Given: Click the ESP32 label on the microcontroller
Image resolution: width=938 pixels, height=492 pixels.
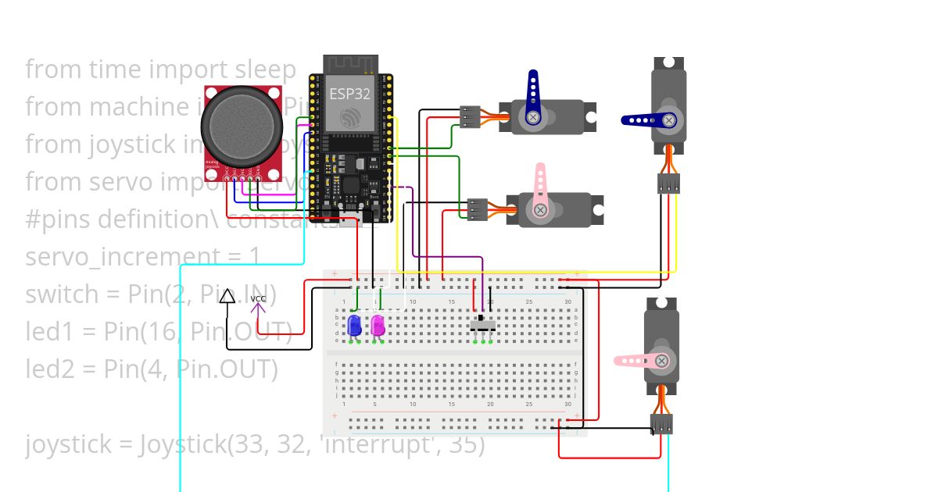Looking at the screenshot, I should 349,94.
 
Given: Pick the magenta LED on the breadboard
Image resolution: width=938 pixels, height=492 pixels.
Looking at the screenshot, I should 378,325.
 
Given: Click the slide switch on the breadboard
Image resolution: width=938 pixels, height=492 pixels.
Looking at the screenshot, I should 482,323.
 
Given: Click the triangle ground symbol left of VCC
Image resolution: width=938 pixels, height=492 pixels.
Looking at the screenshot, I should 227,296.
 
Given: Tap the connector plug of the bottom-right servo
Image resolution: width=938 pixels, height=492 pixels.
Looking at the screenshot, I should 661,424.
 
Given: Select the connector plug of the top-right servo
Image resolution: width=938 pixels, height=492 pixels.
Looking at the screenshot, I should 668,184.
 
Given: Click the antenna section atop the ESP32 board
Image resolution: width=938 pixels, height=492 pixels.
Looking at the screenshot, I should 350,64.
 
